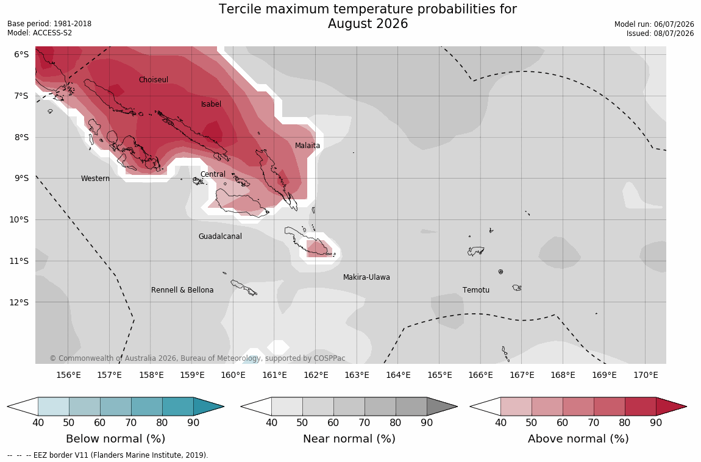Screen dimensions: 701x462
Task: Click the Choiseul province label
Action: pos(154,79)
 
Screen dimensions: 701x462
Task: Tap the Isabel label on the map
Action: pos(211,104)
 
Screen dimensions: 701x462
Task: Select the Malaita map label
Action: pos(308,145)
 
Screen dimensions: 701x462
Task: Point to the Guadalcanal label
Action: pos(220,236)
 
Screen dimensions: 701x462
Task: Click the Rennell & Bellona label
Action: pos(182,290)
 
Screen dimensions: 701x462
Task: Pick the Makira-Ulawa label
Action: pos(366,277)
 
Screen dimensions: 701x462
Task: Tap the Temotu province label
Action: pos(476,290)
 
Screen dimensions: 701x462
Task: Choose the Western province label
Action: pos(95,178)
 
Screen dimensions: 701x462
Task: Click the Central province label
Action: pos(213,174)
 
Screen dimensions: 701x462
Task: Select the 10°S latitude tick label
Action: pos(19,219)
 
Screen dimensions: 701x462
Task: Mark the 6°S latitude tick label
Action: pos(21,54)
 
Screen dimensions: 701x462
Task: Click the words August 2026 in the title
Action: pos(368,24)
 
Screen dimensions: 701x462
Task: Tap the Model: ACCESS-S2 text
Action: pos(40,33)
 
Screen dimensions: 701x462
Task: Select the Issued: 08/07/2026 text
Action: pos(660,34)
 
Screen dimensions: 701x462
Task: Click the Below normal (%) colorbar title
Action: pos(116,439)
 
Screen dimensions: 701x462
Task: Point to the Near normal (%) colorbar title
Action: pos(349,439)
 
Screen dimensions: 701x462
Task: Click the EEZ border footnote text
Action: pos(108,455)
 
